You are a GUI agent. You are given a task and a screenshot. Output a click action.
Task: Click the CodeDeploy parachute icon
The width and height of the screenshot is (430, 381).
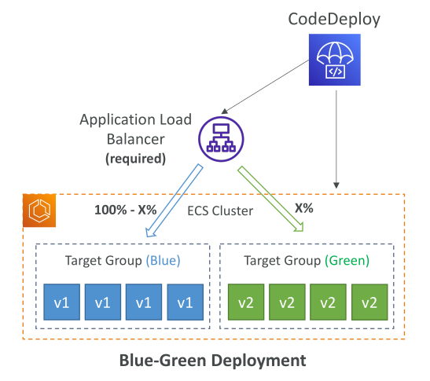point(335,60)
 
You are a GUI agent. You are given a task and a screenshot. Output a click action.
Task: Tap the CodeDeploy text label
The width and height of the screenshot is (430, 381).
point(334,19)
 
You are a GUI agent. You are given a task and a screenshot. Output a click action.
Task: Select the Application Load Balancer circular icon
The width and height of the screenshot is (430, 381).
point(221,139)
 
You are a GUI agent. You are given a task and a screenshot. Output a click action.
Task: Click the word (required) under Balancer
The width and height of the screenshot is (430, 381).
point(136,159)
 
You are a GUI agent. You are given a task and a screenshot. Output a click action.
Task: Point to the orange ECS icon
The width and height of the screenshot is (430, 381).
point(39,211)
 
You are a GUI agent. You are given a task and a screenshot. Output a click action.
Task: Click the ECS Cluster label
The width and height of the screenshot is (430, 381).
point(220,211)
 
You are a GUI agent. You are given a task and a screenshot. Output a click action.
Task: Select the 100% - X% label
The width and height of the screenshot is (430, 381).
point(125,210)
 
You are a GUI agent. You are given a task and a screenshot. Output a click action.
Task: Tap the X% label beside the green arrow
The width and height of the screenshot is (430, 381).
point(304,208)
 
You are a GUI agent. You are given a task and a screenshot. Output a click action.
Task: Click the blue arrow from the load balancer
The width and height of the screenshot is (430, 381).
point(175,201)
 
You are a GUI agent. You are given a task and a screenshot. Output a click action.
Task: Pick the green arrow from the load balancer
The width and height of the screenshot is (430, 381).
point(271,199)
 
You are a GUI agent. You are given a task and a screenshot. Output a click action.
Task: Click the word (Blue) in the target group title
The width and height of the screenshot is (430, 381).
point(164,260)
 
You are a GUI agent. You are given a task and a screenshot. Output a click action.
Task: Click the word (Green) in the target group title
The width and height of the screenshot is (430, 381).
point(347,260)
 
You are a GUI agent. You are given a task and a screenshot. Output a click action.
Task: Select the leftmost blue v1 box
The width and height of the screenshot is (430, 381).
point(61,302)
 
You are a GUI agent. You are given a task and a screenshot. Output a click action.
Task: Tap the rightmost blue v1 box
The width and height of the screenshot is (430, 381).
point(186,302)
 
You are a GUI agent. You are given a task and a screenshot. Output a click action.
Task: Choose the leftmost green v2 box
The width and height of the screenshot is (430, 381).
point(246,302)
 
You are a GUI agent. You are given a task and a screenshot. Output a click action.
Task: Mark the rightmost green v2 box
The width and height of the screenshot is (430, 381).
point(369,302)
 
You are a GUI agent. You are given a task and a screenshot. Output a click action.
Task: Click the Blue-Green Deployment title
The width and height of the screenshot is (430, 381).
point(213,360)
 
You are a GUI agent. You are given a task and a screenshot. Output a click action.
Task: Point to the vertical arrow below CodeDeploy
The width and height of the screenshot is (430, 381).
point(336,139)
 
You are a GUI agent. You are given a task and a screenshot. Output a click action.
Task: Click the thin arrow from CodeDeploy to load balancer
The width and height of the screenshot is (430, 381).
point(265,86)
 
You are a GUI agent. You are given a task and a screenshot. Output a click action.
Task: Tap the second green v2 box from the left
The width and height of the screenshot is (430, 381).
point(287,302)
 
